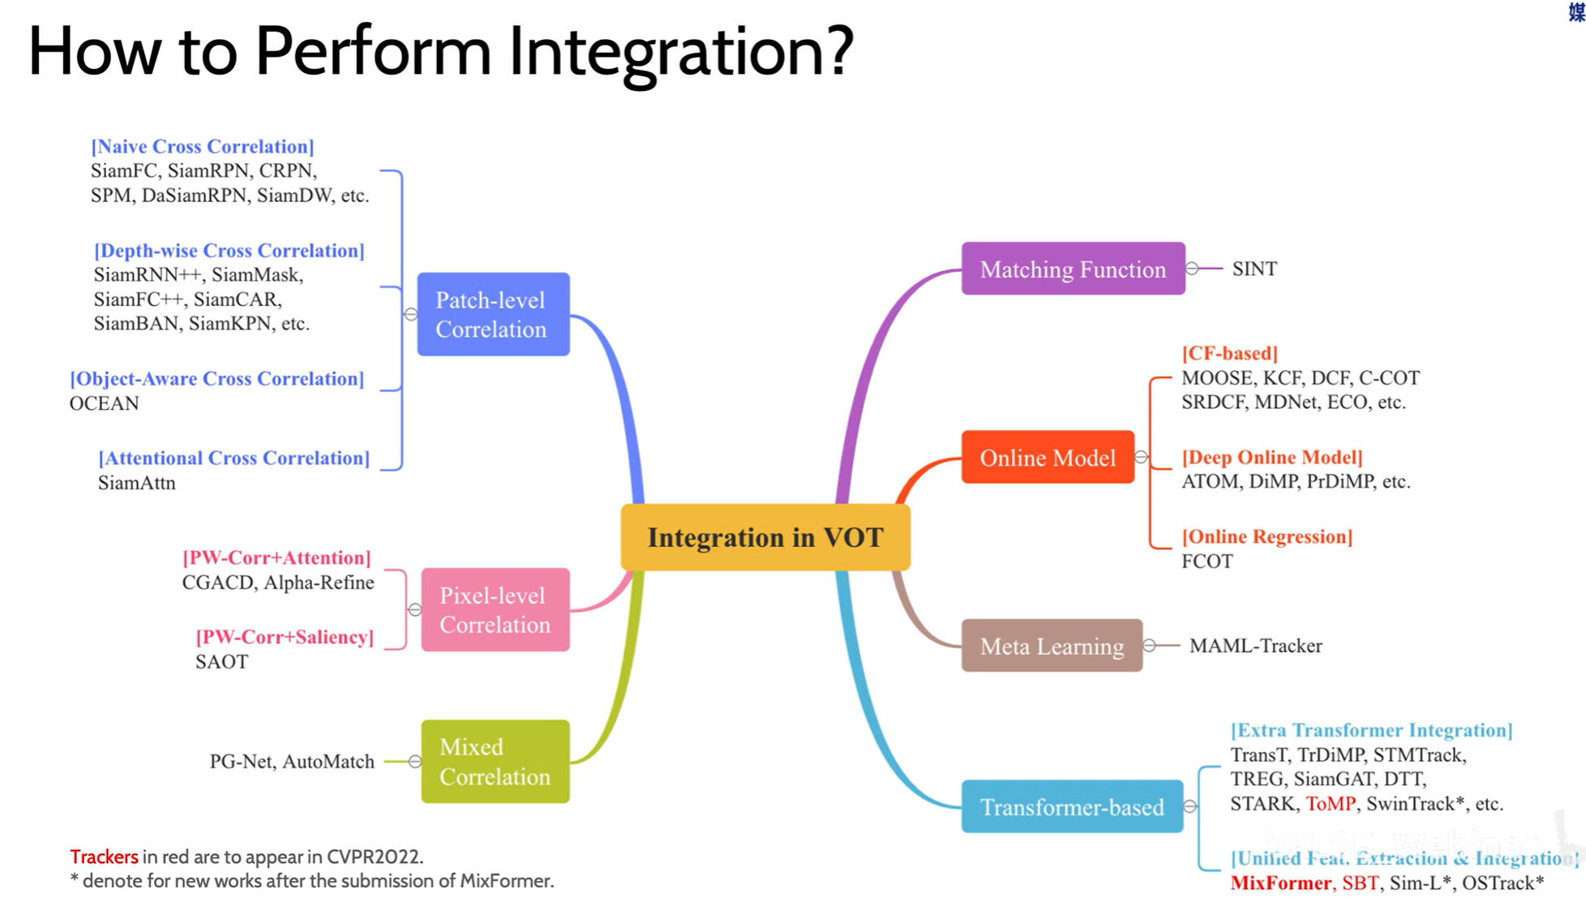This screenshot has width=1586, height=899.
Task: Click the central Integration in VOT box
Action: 765,537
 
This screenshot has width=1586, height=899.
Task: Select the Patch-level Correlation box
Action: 493,314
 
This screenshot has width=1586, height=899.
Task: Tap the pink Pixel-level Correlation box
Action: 495,609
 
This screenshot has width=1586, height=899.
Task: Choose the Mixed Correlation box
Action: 495,761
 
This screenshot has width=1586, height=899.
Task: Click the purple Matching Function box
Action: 1073,269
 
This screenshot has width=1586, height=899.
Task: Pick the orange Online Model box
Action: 1048,458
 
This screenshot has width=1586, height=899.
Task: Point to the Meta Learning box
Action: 1052,646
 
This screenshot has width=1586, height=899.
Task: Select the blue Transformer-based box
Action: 1072,807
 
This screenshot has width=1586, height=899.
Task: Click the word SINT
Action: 1254,269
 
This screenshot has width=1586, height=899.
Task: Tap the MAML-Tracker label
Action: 1255,646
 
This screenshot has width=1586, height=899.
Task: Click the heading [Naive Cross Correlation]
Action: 202,146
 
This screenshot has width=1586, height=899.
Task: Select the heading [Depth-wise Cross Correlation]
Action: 229,251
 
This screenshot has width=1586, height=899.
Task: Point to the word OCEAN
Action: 104,403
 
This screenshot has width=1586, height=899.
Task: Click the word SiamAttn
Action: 136,483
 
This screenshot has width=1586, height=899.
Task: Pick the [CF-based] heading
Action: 1229,353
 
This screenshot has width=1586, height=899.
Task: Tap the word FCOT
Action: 1207,561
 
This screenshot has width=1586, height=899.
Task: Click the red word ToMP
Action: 1331,803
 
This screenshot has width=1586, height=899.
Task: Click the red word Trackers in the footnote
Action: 104,857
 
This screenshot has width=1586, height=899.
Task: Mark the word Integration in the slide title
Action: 681,52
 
